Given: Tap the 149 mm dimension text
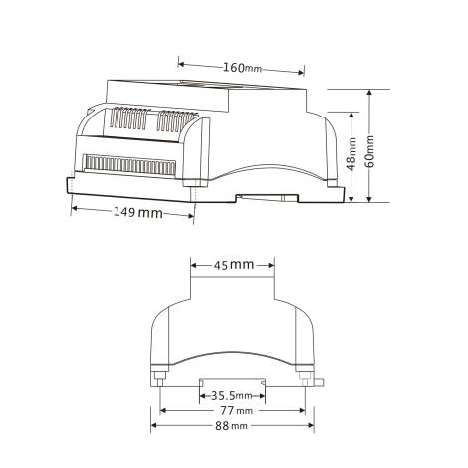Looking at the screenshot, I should pos(137,213).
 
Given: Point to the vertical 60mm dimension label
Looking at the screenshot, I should pos(370,150).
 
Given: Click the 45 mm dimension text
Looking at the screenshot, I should pos(234,265).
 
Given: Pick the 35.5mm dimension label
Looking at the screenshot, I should pos(231,394).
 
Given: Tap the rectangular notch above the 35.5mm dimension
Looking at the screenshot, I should pos(232,381).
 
